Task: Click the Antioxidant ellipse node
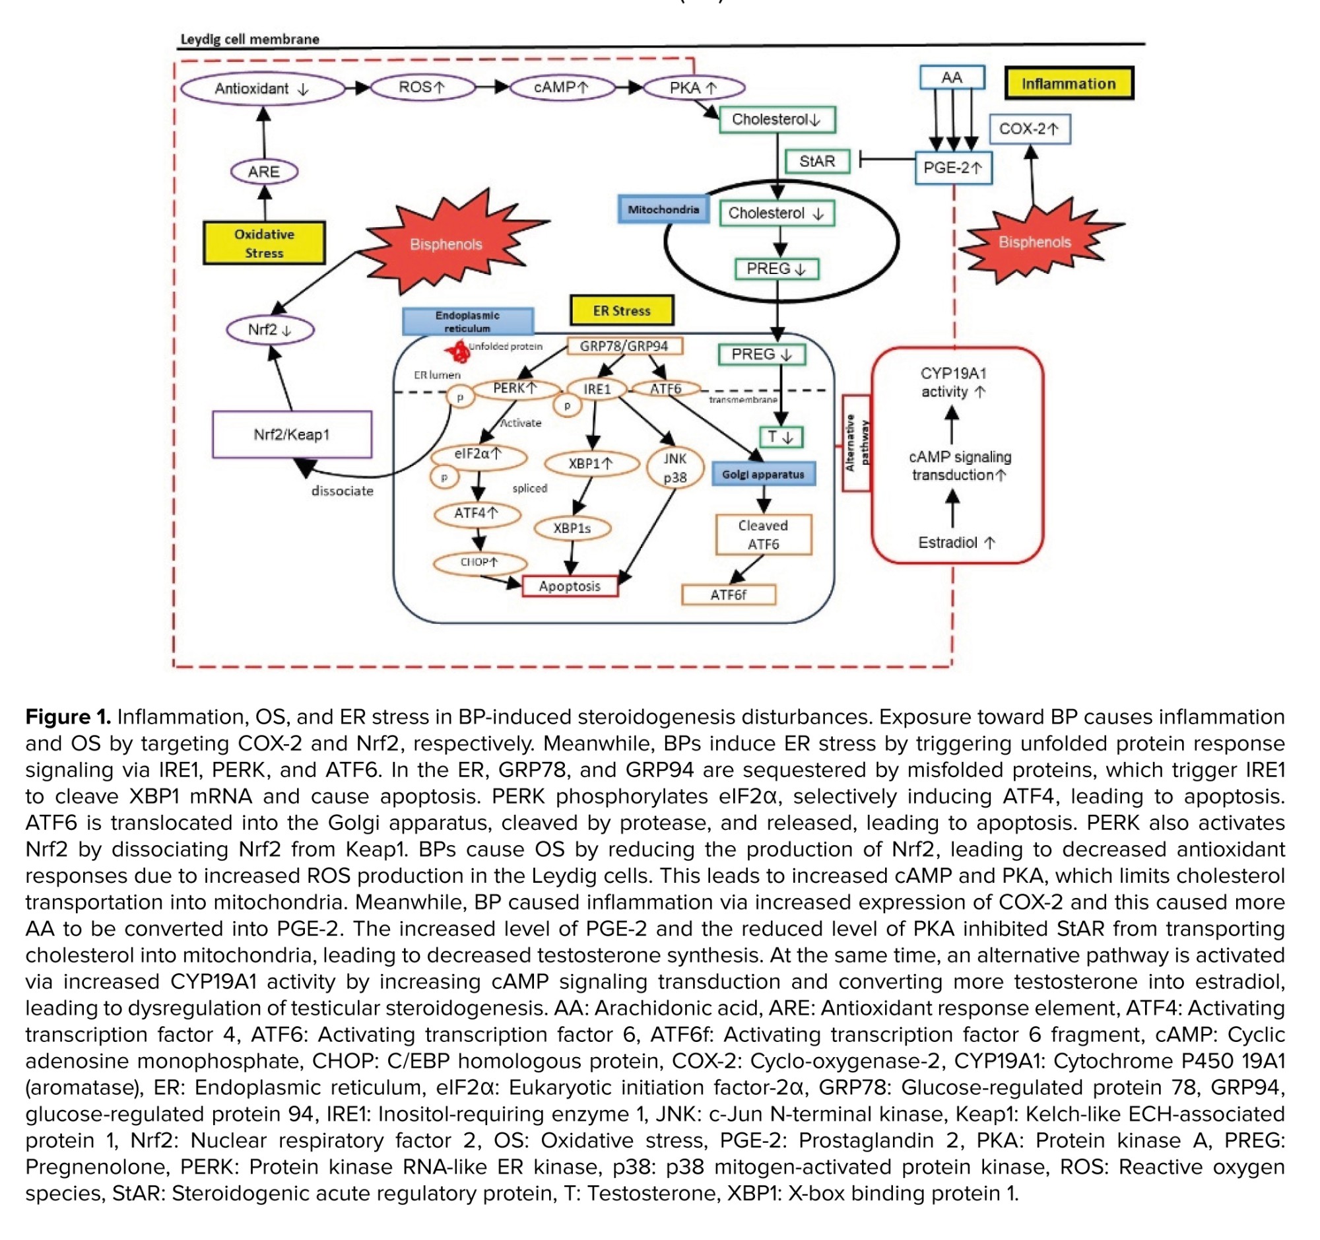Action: point(263,89)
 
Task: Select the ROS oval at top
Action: point(422,87)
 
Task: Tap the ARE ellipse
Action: point(263,172)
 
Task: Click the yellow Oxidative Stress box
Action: point(264,243)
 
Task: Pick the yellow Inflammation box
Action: point(1069,84)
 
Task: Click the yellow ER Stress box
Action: point(622,311)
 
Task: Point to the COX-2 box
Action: point(1029,129)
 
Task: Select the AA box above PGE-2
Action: point(952,78)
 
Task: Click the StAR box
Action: point(816,161)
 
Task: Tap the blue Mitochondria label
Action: point(663,210)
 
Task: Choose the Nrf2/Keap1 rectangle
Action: point(292,434)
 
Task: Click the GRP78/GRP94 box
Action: point(624,346)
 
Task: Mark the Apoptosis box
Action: point(570,586)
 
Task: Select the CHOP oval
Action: point(478,563)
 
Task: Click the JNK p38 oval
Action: point(675,467)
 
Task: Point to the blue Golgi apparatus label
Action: point(763,474)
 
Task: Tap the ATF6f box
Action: point(729,595)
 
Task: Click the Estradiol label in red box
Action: point(956,543)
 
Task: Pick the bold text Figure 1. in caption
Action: point(68,716)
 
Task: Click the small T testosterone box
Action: point(781,437)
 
